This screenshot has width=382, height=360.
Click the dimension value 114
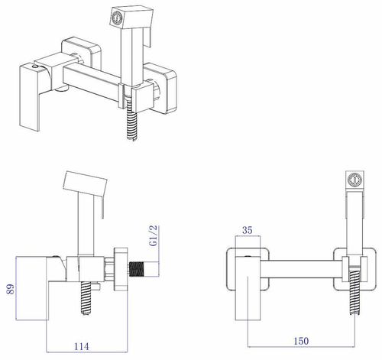point(82,346)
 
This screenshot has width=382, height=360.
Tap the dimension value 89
point(11,289)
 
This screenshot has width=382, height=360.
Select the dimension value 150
point(301,341)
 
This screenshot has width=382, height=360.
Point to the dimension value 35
point(248,230)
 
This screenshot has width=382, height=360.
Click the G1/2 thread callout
point(154,235)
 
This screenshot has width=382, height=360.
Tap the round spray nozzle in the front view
point(354,179)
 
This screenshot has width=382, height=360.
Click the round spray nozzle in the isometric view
point(117,18)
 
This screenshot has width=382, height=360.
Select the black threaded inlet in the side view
point(137,269)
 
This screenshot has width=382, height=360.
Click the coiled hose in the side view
point(86,298)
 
